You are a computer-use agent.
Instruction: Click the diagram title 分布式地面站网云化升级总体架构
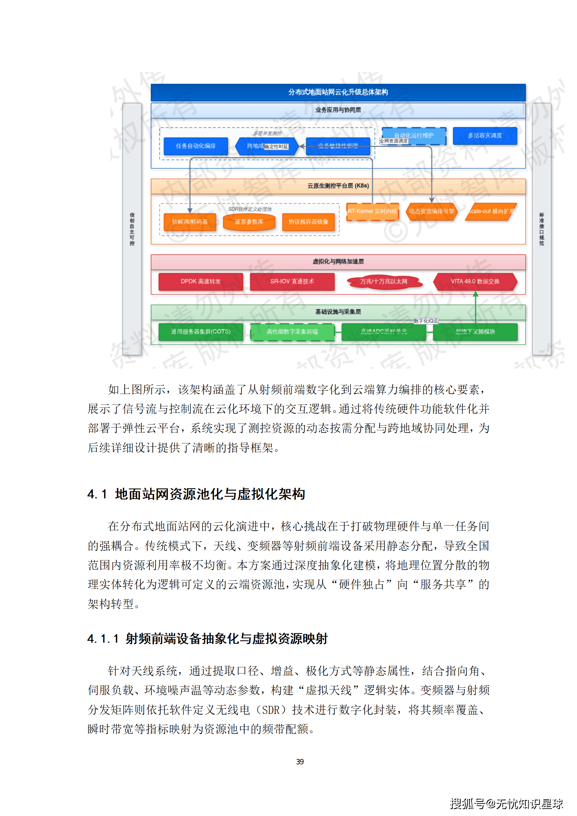click(x=338, y=92)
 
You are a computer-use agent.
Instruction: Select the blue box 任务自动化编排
click(x=196, y=146)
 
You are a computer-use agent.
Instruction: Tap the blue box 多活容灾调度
click(x=485, y=136)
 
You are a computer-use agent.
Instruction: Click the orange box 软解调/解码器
click(x=189, y=222)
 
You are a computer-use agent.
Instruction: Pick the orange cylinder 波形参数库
click(x=249, y=222)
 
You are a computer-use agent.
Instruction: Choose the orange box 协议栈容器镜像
click(x=308, y=222)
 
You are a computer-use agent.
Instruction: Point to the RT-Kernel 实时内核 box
click(x=372, y=211)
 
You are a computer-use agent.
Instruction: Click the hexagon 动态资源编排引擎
click(x=431, y=211)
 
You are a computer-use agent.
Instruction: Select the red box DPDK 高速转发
click(x=201, y=281)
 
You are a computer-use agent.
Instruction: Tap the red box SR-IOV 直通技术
click(x=292, y=281)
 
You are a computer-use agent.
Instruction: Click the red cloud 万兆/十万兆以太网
click(x=384, y=281)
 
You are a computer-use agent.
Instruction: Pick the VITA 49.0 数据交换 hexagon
click(x=475, y=281)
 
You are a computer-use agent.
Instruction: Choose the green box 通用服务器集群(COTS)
click(x=201, y=331)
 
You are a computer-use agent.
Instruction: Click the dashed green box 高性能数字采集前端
click(x=292, y=331)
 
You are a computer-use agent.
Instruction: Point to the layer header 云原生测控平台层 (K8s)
click(x=338, y=186)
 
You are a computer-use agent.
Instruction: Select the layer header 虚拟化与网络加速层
click(x=338, y=262)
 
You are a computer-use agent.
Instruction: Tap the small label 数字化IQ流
click(x=426, y=321)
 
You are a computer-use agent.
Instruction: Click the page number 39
click(x=300, y=761)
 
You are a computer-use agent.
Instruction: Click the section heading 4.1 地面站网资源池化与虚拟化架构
click(x=196, y=494)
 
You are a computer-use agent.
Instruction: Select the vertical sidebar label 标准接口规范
click(x=541, y=229)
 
